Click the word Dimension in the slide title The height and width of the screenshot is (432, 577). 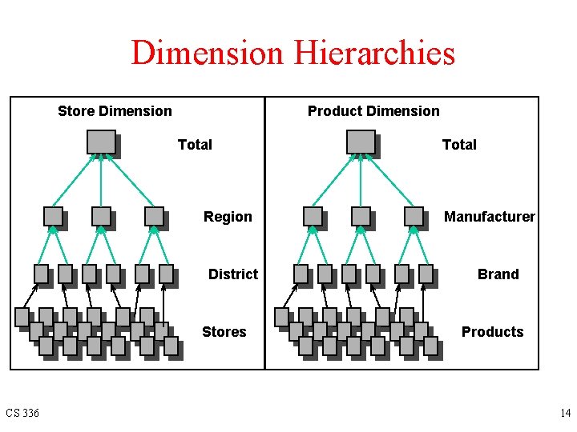[x=207, y=54]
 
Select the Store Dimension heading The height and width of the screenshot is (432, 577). [x=115, y=111]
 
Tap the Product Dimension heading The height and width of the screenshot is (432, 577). [x=373, y=111]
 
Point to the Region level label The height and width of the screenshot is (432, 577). [x=228, y=217]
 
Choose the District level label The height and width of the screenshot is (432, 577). [x=233, y=274]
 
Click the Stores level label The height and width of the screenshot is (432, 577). [x=224, y=332]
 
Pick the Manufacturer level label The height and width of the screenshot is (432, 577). [x=490, y=217]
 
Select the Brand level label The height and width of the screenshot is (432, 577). [x=498, y=274]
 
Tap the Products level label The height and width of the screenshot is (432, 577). [x=493, y=332]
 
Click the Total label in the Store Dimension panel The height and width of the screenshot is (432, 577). [x=195, y=145]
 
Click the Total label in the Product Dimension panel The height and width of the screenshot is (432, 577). [x=459, y=145]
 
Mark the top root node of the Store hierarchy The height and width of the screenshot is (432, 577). [x=101, y=142]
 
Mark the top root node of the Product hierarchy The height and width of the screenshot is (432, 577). [x=361, y=142]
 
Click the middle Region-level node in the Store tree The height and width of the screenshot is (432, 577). [x=101, y=216]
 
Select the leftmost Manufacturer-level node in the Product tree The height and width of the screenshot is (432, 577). [x=313, y=216]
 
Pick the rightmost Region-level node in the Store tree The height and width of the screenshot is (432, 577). [x=154, y=216]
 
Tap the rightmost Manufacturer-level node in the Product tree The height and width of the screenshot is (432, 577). [x=414, y=216]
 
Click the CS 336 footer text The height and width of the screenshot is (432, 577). [x=22, y=414]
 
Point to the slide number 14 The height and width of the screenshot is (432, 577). [x=566, y=414]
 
